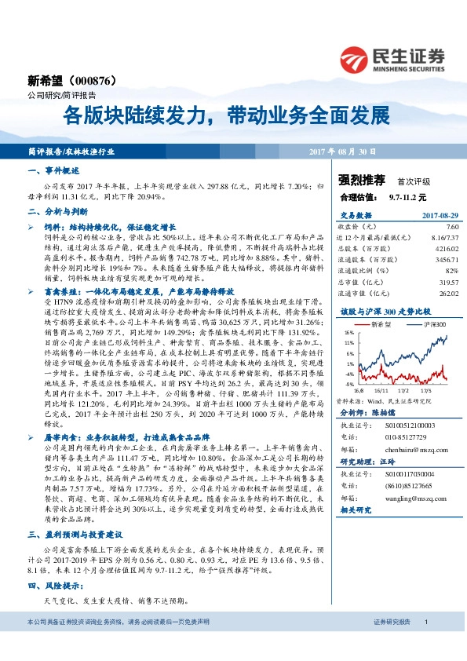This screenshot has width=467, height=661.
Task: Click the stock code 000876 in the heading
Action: click(100, 80)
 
